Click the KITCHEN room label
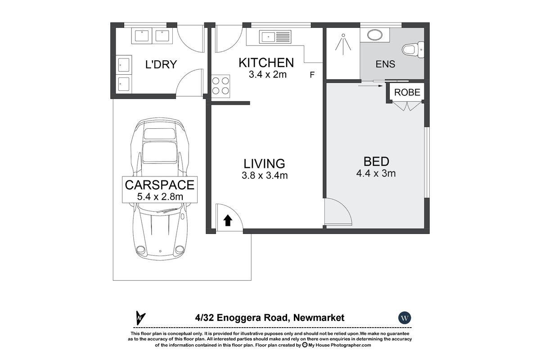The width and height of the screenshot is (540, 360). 266,63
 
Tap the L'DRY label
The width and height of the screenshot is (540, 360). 161,64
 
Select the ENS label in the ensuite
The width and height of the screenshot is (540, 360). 385,64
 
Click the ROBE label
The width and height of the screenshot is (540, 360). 407,93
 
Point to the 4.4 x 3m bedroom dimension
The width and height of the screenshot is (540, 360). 376,173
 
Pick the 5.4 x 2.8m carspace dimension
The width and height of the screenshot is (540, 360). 160,196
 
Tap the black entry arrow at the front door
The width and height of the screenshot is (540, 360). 228,220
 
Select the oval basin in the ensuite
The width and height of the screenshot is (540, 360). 373,35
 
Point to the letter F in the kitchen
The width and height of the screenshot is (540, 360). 312,75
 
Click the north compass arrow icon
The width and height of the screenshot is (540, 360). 140,318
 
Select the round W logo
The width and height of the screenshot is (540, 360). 405,318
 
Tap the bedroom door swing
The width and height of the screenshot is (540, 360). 337,211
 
